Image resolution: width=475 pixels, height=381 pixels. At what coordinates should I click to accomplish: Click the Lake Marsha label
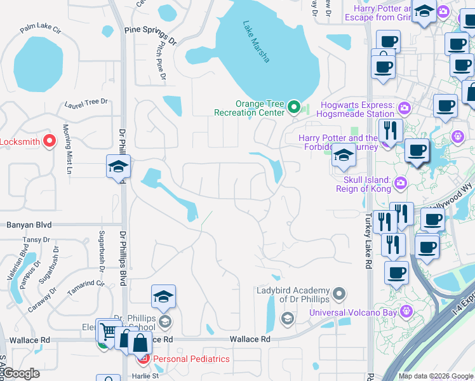257,42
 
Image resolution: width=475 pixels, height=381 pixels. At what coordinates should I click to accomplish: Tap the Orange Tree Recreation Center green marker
293,107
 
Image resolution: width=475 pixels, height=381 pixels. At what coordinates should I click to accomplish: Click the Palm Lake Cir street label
39,29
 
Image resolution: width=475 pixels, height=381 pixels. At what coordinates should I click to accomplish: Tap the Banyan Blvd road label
29,225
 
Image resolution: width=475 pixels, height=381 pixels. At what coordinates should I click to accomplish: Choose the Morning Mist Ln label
67,149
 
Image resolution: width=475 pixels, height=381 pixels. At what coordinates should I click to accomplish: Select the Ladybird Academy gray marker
340,293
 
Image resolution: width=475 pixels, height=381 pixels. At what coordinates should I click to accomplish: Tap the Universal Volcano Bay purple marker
406,312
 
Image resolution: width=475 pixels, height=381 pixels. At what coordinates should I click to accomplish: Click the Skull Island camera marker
400,184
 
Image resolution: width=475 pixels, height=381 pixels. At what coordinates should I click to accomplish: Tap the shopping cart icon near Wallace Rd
109,331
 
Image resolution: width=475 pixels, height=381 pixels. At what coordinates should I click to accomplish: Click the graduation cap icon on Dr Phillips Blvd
118,166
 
